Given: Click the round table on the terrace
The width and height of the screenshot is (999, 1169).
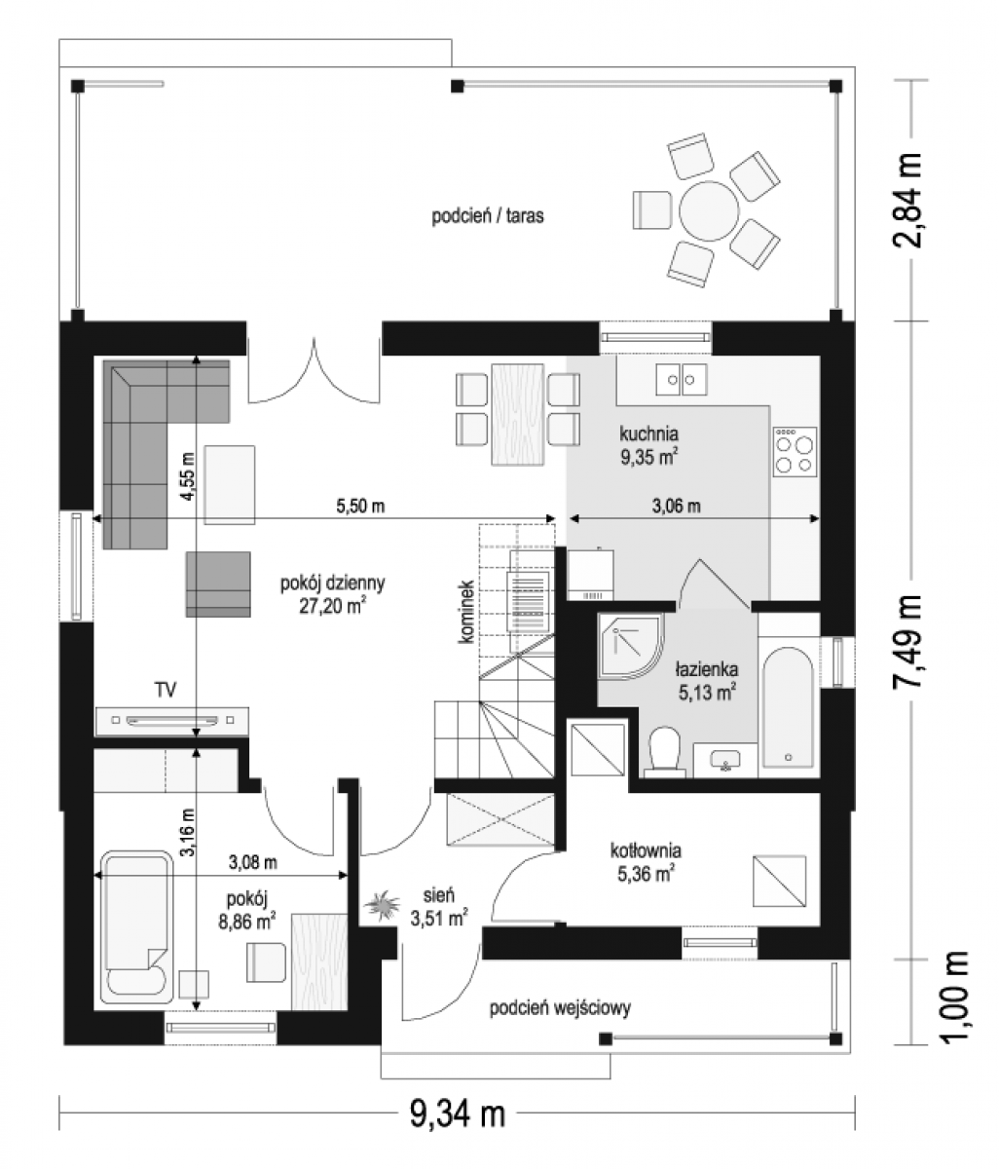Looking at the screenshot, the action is click(x=709, y=211).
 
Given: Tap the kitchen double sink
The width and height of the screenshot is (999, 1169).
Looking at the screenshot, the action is click(x=681, y=380).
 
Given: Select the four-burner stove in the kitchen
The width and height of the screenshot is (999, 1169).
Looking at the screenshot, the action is click(x=795, y=451).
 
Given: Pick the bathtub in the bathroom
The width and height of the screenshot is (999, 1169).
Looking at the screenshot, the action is click(x=788, y=706).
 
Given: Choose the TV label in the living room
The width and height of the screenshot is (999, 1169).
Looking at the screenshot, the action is click(x=166, y=690).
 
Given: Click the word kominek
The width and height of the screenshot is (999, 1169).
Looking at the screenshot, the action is click(x=467, y=611).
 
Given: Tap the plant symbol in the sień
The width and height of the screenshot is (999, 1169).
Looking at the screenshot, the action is click(x=383, y=905).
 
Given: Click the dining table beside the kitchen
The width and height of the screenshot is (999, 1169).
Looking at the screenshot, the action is click(x=517, y=415).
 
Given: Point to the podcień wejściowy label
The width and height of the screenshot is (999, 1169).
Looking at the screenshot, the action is click(x=560, y=1008).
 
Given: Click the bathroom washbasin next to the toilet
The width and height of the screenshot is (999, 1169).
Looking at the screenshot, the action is click(x=724, y=759).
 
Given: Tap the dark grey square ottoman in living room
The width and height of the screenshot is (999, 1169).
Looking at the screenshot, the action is click(x=218, y=584).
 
